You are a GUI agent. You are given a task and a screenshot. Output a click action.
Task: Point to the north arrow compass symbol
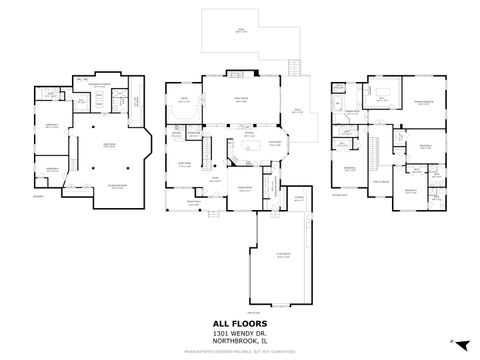click(x=451, y=341)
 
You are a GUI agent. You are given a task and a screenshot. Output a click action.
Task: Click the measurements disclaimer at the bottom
click(x=240, y=352)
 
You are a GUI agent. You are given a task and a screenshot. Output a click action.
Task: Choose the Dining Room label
click(x=243, y=188)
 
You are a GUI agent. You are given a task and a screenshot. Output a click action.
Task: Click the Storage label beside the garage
click(x=299, y=198)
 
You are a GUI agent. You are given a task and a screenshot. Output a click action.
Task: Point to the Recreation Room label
click(x=117, y=188)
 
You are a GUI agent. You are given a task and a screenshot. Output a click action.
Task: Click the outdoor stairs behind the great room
click(x=294, y=68)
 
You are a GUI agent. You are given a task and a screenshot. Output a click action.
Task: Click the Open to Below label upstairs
click(x=381, y=180)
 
